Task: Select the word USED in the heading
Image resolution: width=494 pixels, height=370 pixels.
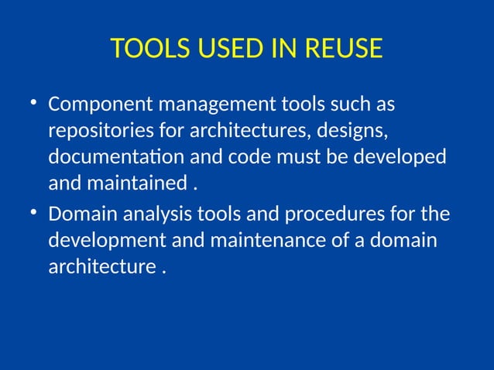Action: pos(218,49)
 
